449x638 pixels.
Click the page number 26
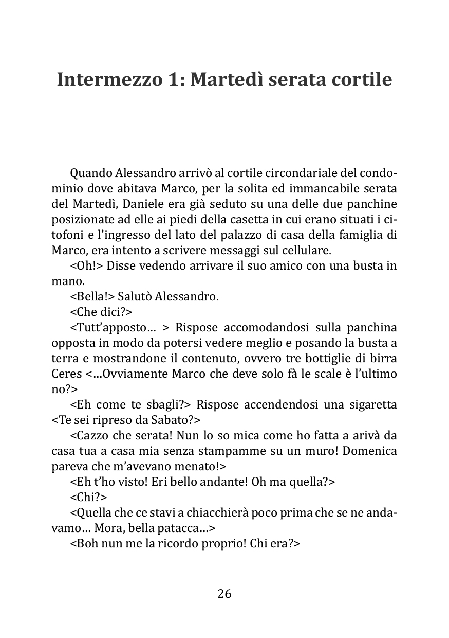224,594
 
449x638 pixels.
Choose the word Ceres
66,374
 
